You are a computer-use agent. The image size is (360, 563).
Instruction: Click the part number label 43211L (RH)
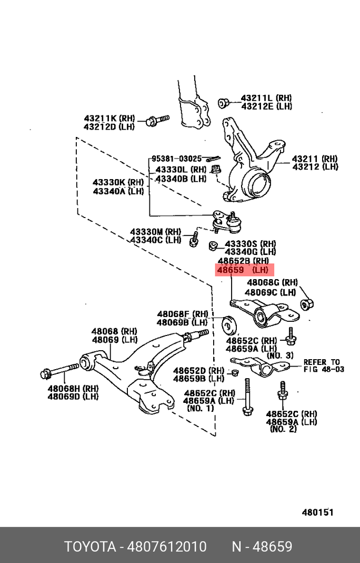(266, 98)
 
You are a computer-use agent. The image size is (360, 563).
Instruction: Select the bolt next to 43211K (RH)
(156, 121)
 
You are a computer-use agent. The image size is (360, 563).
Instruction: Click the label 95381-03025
(176, 159)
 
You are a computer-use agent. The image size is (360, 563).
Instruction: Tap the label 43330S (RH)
(250, 244)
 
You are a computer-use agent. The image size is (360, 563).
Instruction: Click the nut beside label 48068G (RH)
(307, 304)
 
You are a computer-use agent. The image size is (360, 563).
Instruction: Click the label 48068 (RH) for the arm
(114, 331)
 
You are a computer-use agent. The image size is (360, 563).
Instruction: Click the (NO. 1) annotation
(201, 408)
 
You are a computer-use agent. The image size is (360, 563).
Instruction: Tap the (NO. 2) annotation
(283, 429)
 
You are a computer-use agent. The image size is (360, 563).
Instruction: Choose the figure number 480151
(317, 512)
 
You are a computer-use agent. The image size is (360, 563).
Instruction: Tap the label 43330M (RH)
(155, 232)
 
